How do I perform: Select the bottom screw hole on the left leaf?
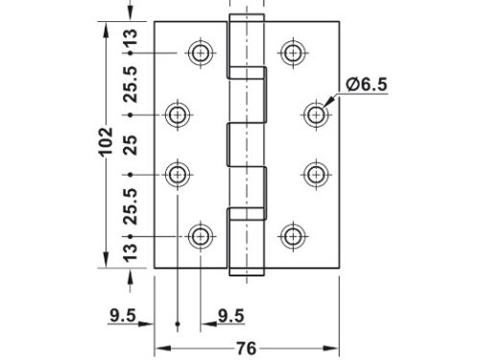coord(201,235)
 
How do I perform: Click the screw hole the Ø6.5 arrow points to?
coord(316,115)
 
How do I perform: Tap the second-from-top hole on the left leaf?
coord(178,115)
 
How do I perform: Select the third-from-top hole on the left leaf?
coord(178,174)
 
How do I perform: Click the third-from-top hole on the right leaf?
coord(316,174)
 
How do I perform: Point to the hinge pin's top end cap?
coord(246,21)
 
